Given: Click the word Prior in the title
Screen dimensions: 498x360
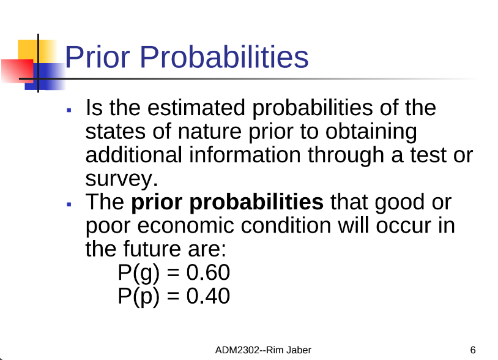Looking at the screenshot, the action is pyautogui.click(x=97, y=57).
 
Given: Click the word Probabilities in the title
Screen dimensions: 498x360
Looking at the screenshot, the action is pyautogui.click(x=225, y=57).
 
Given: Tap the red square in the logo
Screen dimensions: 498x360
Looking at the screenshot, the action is pyautogui.click(x=17, y=71).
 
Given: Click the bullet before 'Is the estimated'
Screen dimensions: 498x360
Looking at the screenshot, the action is pyautogui.click(x=69, y=110).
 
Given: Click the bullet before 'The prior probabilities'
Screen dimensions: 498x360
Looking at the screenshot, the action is pyautogui.click(x=69, y=204).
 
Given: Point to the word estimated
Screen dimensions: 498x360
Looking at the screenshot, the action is pyautogui.click(x=196, y=107).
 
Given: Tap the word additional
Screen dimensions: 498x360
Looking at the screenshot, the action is pyautogui.click(x=134, y=155).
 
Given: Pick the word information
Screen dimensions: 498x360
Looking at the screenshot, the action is pyautogui.click(x=245, y=155).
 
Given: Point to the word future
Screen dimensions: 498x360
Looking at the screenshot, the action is pyautogui.click(x=152, y=249).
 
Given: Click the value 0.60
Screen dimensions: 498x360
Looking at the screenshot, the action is pyautogui.click(x=208, y=272).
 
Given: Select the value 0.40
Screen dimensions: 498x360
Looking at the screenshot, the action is pyautogui.click(x=208, y=296).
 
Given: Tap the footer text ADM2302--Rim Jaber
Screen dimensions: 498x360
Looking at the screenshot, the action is pyautogui.click(x=263, y=350).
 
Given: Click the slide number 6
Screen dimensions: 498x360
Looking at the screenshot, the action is pyautogui.click(x=472, y=350).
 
